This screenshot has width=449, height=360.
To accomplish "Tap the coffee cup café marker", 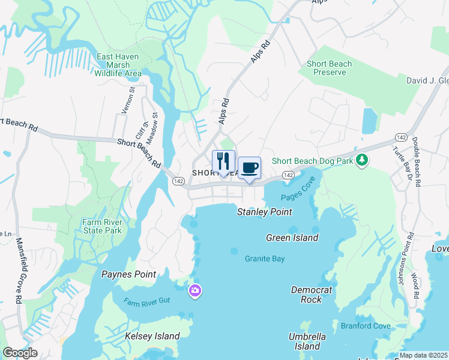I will pyautogui.click(x=249, y=168).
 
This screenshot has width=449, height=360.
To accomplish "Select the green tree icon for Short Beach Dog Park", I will pyautogui.click(x=361, y=160).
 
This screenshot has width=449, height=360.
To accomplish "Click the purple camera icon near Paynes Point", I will pyautogui.click(x=194, y=292).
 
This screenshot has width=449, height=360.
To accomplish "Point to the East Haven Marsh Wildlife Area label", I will pyautogui.click(x=118, y=65).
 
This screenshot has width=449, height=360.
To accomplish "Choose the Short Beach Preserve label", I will pyautogui.click(x=326, y=68).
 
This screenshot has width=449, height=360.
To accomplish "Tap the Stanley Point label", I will pyautogui.click(x=264, y=212).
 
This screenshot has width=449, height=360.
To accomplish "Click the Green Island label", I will pyautogui.click(x=292, y=238).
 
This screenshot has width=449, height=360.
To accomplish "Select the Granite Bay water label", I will pyautogui.click(x=264, y=259).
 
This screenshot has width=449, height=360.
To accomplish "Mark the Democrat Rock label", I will pyautogui.click(x=312, y=295).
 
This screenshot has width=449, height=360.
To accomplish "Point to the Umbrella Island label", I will pyautogui.click(x=307, y=341).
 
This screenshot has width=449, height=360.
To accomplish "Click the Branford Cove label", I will pyautogui.click(x=366, y=326).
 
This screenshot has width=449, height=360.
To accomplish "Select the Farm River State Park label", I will pyautogui.click(x=102, y=226).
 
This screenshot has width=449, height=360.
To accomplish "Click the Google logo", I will pyautogui.click(x=20, y=353).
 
